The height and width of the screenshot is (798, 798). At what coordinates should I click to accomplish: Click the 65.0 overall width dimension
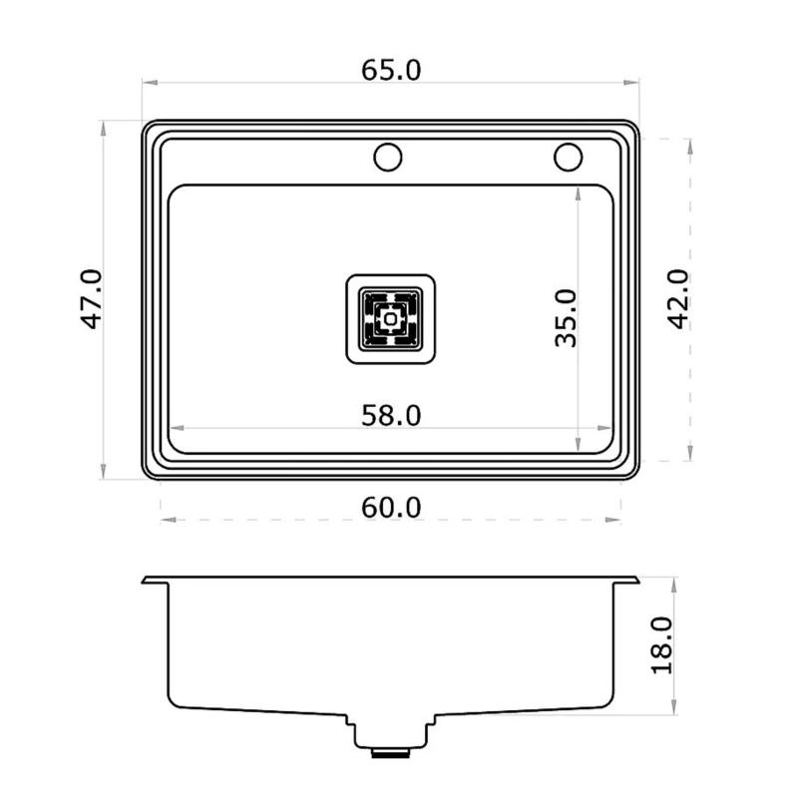click(391, 70)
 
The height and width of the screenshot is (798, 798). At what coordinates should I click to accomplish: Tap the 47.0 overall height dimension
click(92, 299)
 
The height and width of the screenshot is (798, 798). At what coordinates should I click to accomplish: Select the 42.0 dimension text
click(677, 299)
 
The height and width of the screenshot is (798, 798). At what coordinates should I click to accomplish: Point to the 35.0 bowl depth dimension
click(566, 318)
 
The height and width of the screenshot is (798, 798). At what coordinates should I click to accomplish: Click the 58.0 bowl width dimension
click(391, 415)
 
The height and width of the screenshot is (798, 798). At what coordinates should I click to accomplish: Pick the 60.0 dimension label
click(391, 508)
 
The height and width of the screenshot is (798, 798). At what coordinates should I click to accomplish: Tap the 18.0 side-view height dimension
click(662, 645)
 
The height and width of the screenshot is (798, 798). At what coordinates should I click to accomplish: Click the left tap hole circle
click(388, 157)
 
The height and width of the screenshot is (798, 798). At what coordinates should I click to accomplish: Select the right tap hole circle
click(568, 157)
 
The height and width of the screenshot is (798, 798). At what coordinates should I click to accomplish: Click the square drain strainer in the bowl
click(390, 319)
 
